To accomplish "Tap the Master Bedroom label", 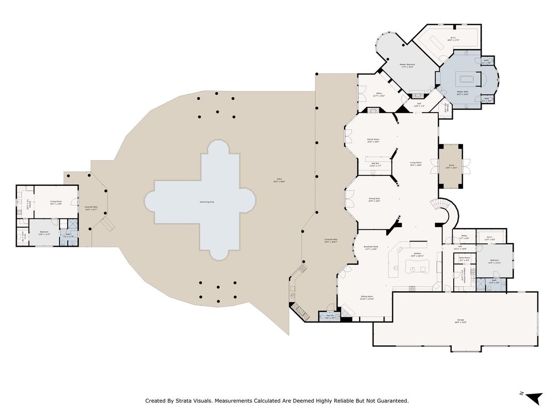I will [x=408, y=65].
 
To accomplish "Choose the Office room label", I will [x=379, y=94].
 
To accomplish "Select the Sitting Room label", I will [x=367, y=297].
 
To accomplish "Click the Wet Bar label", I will [x=375, y=164].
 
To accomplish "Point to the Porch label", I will [x=451, y=166].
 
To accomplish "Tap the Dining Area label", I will [x=374, y=199].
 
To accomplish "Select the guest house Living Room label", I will [x=56, y=201].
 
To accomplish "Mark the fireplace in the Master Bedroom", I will [x=417, y=94].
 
